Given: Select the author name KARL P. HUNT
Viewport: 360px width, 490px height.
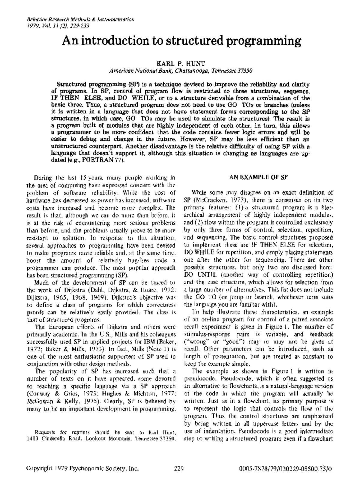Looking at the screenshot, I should (x=181, y=64).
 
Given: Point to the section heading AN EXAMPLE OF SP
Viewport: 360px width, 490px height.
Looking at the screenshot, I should (x=259, y=177).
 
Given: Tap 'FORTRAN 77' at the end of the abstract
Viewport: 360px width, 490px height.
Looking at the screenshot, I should (x=99, y=161).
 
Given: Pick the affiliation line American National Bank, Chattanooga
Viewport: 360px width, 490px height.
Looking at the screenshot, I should (x=159, y=71).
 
